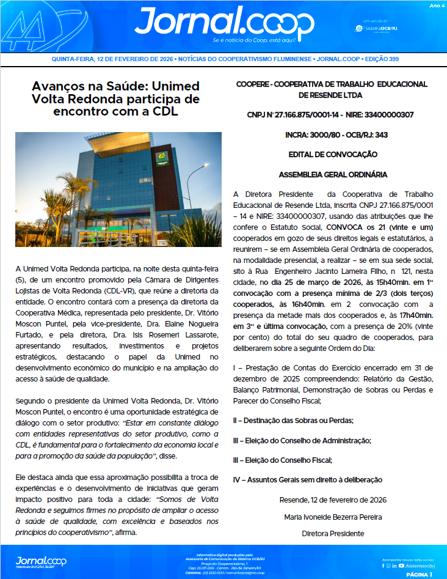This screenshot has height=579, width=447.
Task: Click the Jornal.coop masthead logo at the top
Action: click(x=224, y=23)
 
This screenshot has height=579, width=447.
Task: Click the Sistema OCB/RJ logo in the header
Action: click(x=380, y=28)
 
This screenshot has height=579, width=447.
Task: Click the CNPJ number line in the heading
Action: click(x=330, y=114)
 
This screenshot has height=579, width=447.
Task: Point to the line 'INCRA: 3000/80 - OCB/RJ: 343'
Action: click(x=330, y=135)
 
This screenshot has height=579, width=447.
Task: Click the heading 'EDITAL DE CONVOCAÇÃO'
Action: click(x=330, y=155)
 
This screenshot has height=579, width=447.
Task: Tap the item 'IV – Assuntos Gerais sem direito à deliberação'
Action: click(x=308, y=480)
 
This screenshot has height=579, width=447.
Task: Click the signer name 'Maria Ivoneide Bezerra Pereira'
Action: click(x=333, y=517)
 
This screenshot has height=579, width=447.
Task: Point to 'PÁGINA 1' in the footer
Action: click(x=418, y=573)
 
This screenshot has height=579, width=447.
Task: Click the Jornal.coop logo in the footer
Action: click(x=40, y=561)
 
